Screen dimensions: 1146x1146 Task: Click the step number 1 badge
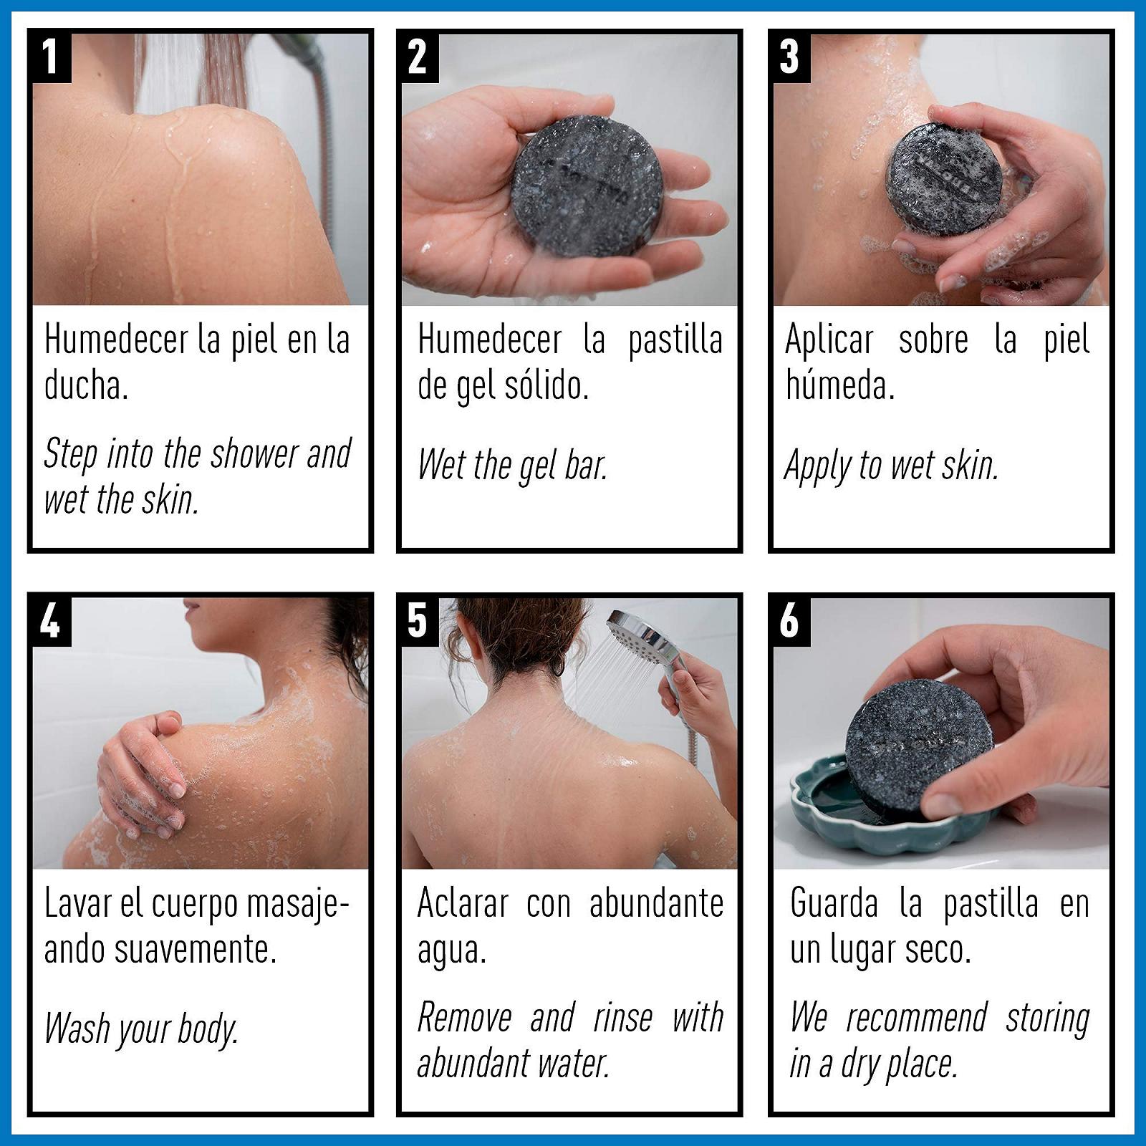coord(50,57)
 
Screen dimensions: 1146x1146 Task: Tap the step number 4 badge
coord(50,621)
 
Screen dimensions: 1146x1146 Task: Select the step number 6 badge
coord(789,621)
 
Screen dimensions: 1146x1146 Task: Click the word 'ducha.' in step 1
coord(86,385)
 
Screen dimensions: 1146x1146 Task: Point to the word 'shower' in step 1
coord(254,453)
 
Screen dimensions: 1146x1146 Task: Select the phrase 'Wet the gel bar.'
coord(513,465)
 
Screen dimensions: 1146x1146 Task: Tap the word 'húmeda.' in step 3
coord(840,385)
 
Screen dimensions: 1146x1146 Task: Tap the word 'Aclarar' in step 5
coord(463,903)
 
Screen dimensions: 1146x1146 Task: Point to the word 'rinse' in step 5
coord(622,1018)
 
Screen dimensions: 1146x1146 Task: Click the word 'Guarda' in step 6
coord(834,903)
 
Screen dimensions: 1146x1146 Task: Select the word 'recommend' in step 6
coord(916,1018)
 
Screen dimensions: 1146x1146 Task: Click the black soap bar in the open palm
coord(587,186)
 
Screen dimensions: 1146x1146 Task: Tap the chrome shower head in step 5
coord(641,634)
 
